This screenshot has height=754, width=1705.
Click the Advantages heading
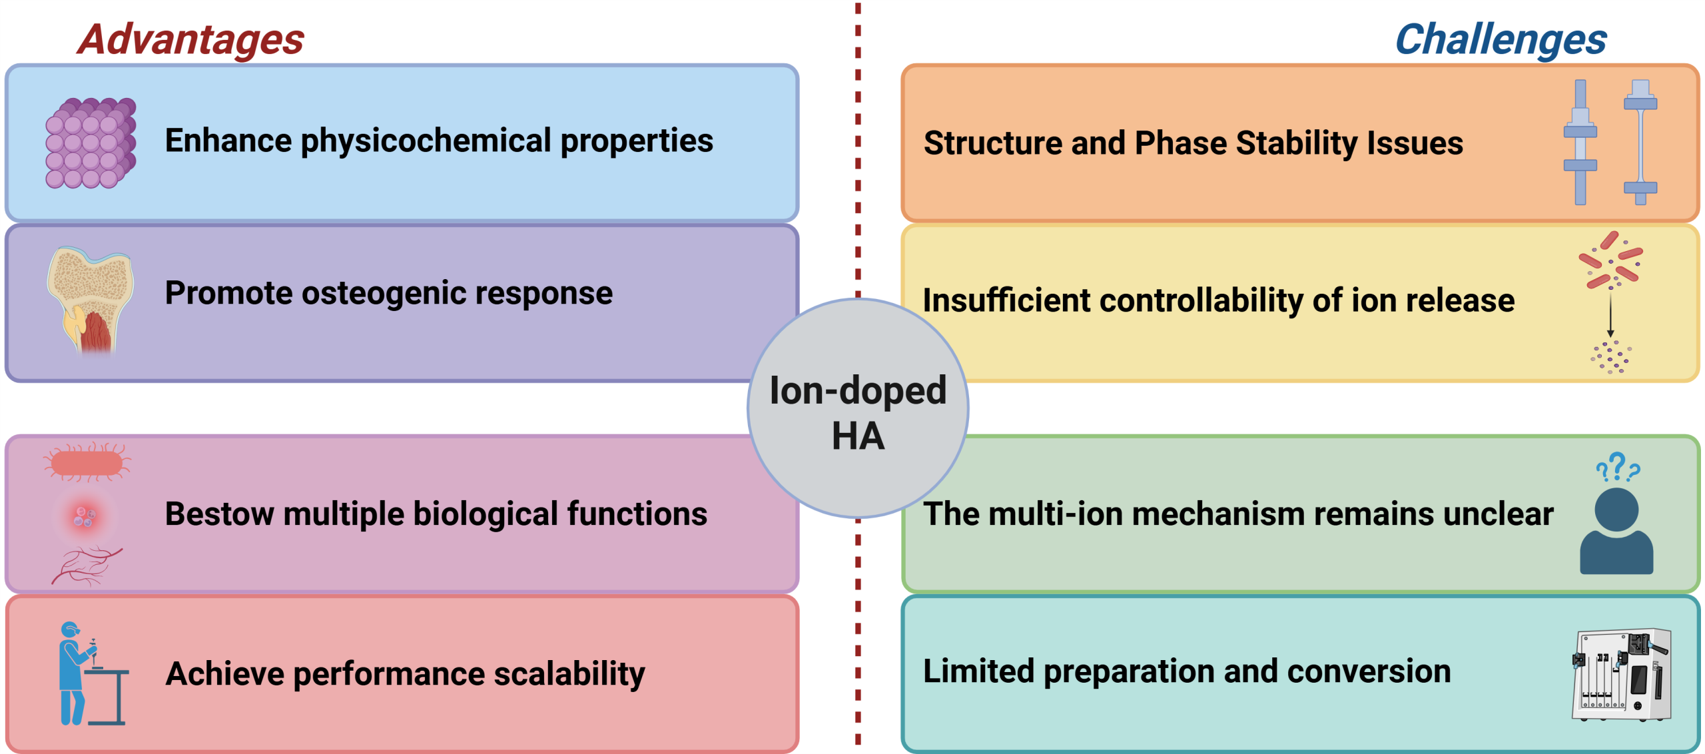coord(191,40)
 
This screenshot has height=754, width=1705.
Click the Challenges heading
coord(1501,40)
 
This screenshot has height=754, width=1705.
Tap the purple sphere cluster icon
coord(91,143)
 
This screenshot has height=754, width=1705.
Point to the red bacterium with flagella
coord(87,462)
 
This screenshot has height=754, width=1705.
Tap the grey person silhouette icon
coord(1616,531)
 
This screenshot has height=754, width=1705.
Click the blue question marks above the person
coord(1618,467)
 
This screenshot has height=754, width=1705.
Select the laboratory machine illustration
coord(1622,675)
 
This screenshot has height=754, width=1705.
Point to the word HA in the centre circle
coord(858,436)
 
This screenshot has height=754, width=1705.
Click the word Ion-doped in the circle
coord(858,390)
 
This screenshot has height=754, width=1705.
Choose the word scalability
coord(569,674)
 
